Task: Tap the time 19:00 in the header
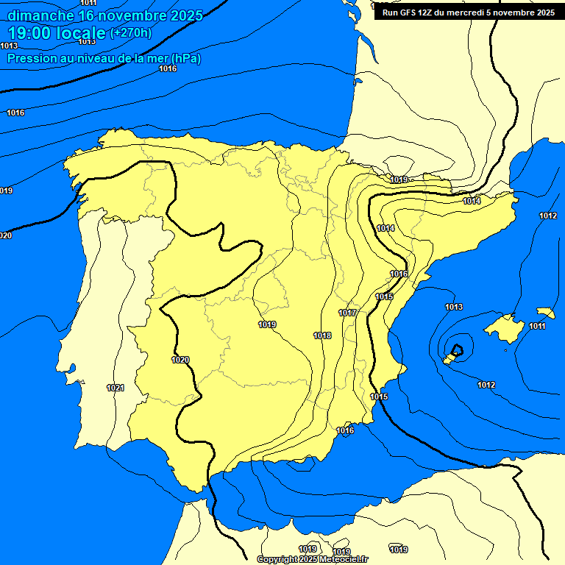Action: [29, 32]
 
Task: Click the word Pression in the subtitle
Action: [29, 58]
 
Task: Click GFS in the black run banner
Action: [412, 13]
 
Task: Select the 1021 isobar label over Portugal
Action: [116, 388]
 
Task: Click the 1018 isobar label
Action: [322, 335]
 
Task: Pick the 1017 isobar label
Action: [347, 313]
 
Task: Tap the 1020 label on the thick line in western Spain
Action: [180, 360]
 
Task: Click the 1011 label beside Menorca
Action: [538, 326]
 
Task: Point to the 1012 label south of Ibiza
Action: [486, 385]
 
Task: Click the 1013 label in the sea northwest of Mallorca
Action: [454, 307]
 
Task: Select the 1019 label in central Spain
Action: [267, 324]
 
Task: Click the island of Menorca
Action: [545, 312]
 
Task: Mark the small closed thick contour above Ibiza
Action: [458, 349]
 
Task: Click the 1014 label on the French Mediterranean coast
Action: [472, 201]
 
